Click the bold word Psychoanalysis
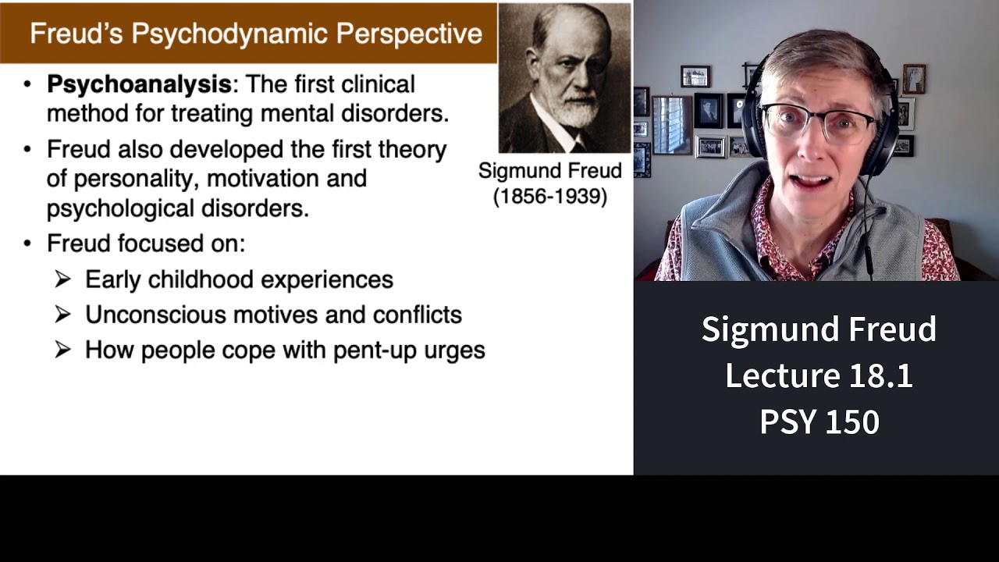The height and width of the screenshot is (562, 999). pyautogui.click(x=139, y=84)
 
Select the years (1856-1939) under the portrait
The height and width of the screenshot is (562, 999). pyautogui.click(x=549, y=197)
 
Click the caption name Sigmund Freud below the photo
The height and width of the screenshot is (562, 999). pyautogui.click(x=549, y=171)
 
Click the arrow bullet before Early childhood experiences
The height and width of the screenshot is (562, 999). pyautogui.click(x=63, y=279)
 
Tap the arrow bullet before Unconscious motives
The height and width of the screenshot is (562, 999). pyautogui.click(x=63, y=314)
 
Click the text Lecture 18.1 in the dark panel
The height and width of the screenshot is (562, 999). pyautogui.click(x=819, y=375)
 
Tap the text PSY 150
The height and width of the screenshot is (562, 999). pyautogui.click(x=819, y=422)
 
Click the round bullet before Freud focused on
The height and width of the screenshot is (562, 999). pyautogui.click(x=28, y=244)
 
